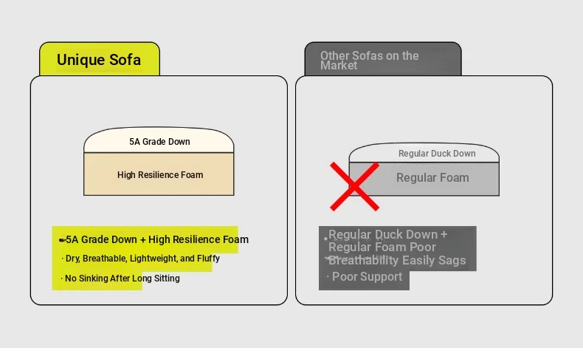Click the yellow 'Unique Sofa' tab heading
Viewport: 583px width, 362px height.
(x=99, y=60)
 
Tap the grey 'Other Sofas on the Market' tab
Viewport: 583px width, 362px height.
(x=382, y=60)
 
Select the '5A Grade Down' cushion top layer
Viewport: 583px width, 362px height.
(x=159, y=141)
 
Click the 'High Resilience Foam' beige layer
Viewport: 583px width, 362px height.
(x=159, y=175)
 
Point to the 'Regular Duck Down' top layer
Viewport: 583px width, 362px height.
(x=437, y=154)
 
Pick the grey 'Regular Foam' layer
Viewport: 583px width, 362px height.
(x=432, y=178)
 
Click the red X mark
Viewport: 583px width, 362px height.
(x=354, y=186)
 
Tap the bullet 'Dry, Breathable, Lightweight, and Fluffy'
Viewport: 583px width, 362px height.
(x=141, y=259)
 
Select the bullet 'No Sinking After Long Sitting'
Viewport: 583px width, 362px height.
(x=121, y=279)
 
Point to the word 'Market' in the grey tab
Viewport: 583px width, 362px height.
(x=339, y=66)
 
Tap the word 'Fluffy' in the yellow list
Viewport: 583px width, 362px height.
(x=208, y=259)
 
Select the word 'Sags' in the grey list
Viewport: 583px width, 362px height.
(x=451, y=260)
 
